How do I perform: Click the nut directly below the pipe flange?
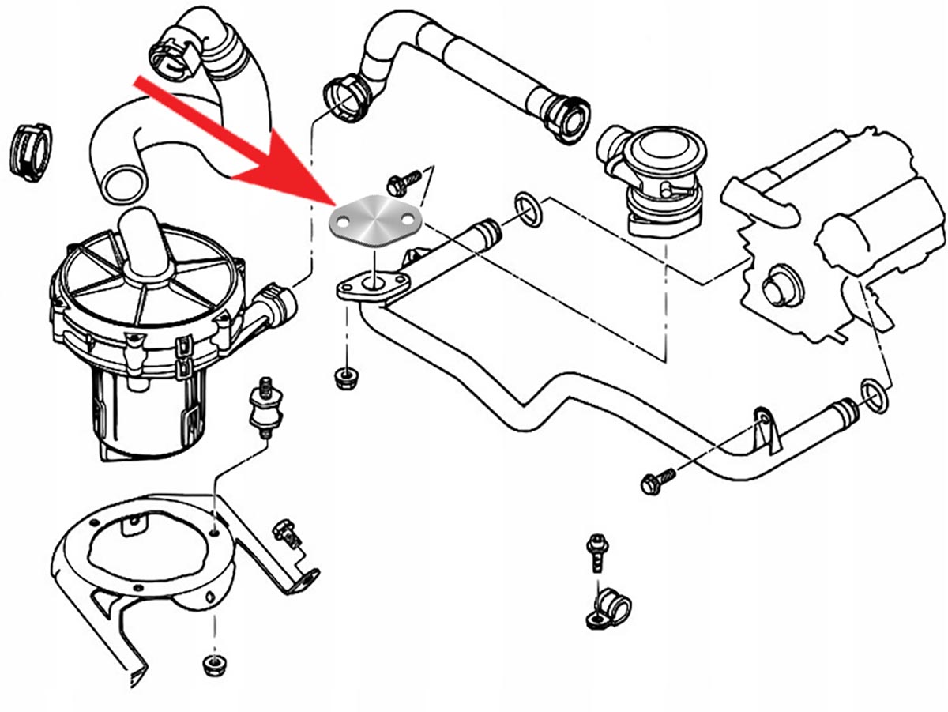[344, 377]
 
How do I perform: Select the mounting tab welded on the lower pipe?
[763, 427]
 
